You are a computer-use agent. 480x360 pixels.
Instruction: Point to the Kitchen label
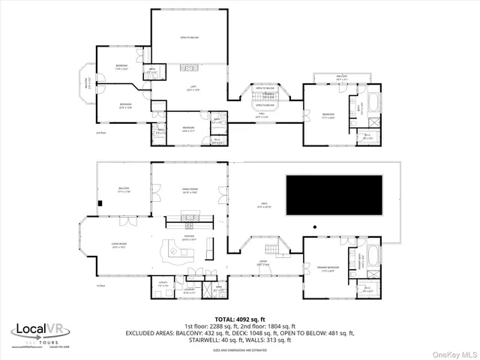(x=188, y=238)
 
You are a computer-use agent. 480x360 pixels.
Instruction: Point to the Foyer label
(x=264, y=264)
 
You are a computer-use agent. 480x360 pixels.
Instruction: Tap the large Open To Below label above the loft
(x=188, y=37)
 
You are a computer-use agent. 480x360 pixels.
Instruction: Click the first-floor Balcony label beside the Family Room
(x=124, y=190)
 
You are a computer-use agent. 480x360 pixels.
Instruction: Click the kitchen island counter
(x=178, y=253)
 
